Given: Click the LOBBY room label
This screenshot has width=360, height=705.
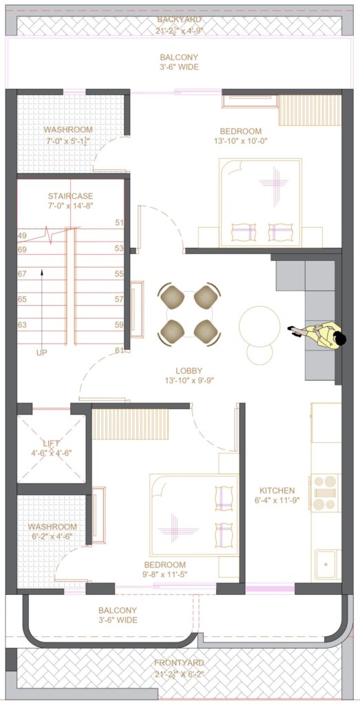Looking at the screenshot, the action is pyautogui.click(x=189, y=371).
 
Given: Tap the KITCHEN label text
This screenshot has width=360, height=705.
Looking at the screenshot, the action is pyautogui.click(x=277, y=490).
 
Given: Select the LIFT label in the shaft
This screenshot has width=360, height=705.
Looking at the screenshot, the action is pyautogui.click(x=52, y=444).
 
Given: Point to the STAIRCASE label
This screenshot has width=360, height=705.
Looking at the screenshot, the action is pyautogui.click(x=71, y=196).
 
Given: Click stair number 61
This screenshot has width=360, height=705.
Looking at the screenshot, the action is pyautogui.click(x=119, y=350).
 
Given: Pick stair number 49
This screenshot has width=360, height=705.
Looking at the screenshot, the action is pyautogui.click(x=22, y=235).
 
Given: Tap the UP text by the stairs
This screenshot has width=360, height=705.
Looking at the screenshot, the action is pyautogui.click(x=41, y=353).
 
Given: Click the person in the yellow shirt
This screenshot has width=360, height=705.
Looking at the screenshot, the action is pyautogui.click(x=317, y=335).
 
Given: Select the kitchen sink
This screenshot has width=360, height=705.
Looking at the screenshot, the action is pyautogui.click(x=327, y=564).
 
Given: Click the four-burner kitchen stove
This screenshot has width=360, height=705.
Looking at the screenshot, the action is pyautogui.click(x=325, y=492).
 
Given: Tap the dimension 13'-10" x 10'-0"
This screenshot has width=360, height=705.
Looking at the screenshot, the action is pyautogui.click(x=240, y=140).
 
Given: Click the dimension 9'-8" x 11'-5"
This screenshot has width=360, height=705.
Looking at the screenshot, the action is pyautogui.click(x=165, y=574).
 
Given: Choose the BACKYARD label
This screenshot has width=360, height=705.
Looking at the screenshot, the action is pyautogui.click(x=179, y=19).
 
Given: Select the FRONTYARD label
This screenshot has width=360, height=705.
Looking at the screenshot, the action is pyautogui.click(x=179, y=662).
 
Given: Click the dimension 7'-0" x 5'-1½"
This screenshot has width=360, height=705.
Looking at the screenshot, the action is pyautogui.click(x=68, y=140).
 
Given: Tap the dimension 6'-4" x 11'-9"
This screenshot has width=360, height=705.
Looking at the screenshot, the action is pyautogui.click(x=277, y=500).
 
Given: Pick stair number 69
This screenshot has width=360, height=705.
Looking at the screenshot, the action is pyautogui.click(x=22, y=249).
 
